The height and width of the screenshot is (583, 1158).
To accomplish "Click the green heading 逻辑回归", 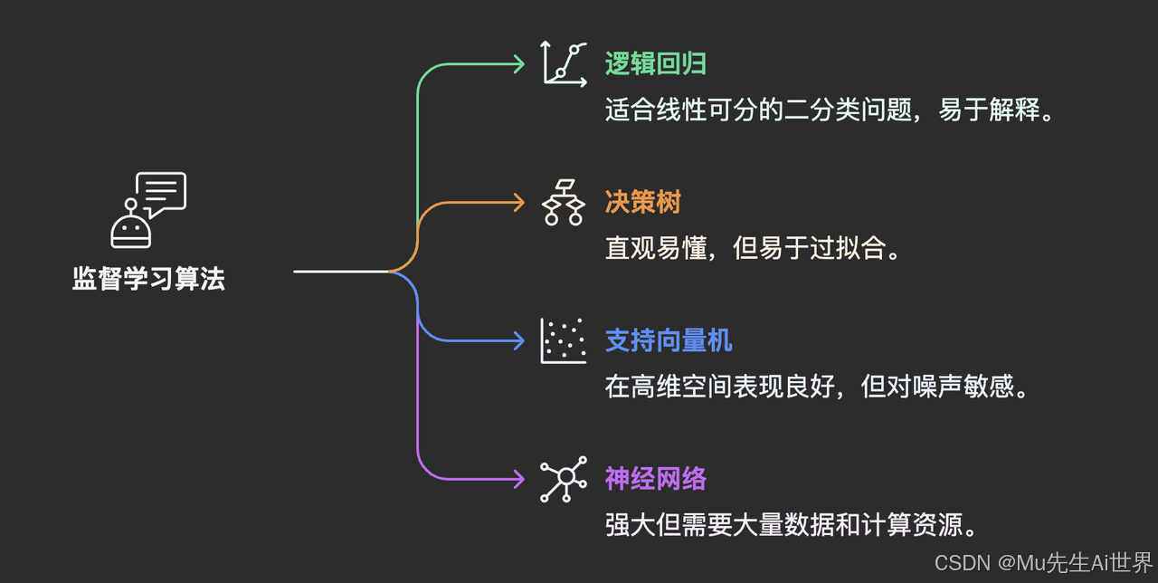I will (655, 63).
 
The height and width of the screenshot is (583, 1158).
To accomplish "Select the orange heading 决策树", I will (642, 202).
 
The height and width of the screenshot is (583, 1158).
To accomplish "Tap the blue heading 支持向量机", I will (669, 340).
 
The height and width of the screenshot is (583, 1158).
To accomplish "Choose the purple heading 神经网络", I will (655, 479).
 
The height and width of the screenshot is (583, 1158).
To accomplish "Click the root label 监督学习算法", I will (148, 279).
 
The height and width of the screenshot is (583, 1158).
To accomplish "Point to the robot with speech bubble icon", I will (147, 209).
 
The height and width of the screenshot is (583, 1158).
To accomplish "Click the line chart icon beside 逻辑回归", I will (564, 63).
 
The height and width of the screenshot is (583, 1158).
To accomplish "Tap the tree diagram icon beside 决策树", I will (564, 202).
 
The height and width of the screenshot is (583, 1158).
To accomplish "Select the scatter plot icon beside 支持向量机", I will (564, 340).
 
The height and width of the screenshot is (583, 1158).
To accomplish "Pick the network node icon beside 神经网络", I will (564, 479).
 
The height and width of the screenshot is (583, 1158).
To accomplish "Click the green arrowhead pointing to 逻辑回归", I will (518, 64).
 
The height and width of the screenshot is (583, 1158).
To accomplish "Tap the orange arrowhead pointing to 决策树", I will (518, 203).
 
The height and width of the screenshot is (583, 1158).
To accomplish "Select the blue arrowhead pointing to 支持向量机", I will (518, 340).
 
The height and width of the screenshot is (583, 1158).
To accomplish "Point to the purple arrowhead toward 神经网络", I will (518, 479).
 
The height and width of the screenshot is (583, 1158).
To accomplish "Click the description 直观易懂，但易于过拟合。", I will (755, 248).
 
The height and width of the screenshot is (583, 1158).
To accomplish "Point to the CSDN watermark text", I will (1043, 563).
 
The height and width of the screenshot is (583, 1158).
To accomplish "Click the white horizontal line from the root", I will (339, 271).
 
